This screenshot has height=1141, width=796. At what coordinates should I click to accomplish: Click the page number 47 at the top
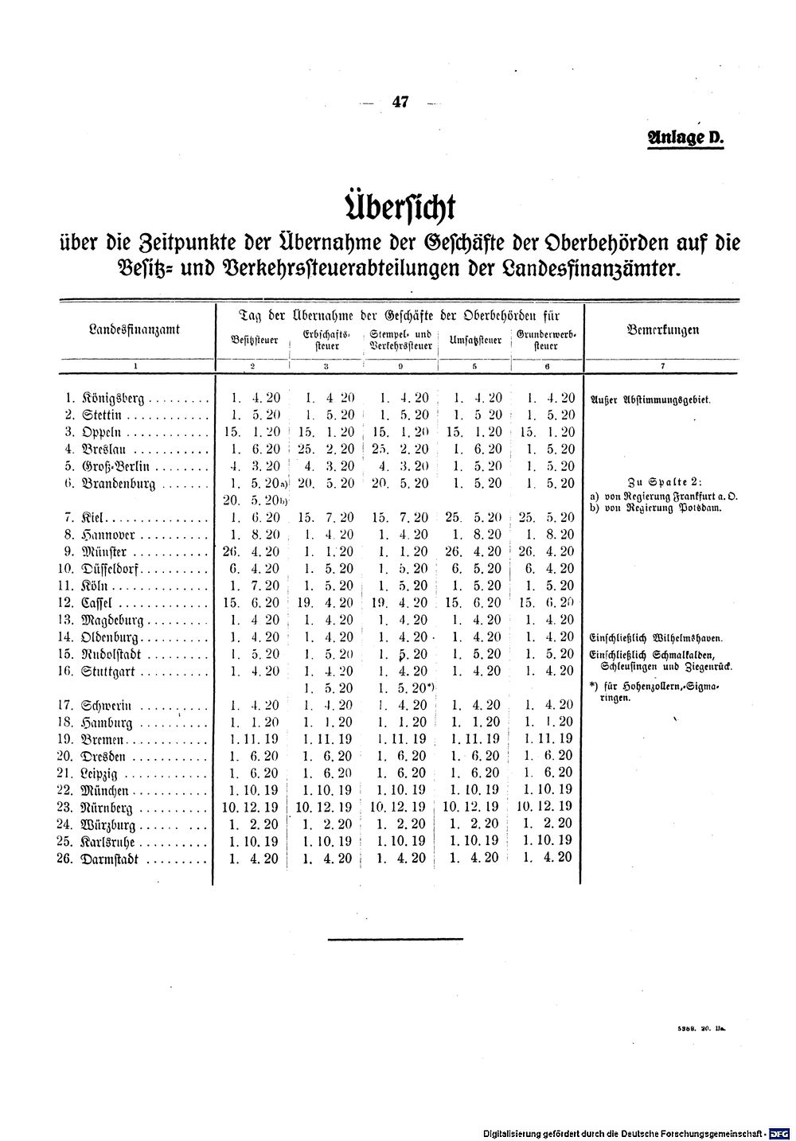coord(400,102)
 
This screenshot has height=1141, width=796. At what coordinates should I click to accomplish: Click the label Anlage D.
coord(687,137)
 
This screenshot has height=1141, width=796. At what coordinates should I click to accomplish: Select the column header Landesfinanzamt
coord(135,329)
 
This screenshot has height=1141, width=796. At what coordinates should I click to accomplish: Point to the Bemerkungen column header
coord(663,329)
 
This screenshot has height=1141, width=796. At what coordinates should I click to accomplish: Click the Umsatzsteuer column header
coord(475,341)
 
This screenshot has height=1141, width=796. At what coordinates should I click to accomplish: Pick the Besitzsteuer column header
coord(254,341)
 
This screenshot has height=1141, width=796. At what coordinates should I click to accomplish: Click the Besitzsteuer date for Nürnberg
coord(253,807)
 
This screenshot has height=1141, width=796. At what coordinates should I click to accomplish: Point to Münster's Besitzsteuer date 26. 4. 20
coord(253,551)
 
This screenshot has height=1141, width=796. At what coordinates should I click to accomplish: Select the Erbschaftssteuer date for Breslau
coord(326,449)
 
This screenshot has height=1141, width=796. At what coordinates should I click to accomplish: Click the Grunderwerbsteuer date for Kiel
coord(546,517)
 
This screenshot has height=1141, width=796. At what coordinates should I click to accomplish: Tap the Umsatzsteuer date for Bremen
coord(475,739)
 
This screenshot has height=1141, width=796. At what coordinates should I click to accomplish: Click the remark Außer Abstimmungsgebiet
coord(650,400)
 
